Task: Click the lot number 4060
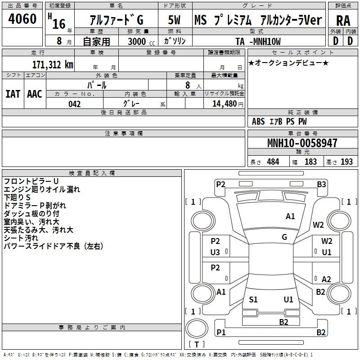(22, 19)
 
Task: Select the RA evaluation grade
(343, 21)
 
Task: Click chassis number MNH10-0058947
(302, 143)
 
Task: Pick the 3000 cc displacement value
(140, 41)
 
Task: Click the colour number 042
(74, 104)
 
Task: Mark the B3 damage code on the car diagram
(321, 184)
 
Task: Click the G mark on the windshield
(284, 237)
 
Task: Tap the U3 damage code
(215, 252)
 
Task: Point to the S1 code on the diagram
(253, 299)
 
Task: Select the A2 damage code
(326, 279)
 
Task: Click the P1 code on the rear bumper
(220, 332)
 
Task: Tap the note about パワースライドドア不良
(54, 246)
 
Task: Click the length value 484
(273, 162)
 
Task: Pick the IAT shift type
(13, 94)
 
